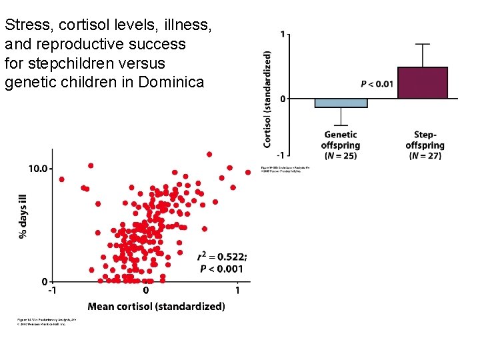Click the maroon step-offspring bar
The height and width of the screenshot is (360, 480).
tap(423, 83)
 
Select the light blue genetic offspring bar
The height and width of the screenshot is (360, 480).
tap(341, 103)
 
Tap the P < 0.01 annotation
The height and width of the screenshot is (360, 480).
tap(377, 84)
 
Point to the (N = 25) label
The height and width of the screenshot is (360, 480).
tap(341, 156)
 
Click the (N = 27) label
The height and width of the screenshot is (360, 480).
tap(425, 156)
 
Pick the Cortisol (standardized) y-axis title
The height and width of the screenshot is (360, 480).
tap(267, 99)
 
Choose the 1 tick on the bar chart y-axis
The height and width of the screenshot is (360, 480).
tap(283, 35)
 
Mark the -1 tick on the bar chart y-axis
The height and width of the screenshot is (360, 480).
tap(281, 155)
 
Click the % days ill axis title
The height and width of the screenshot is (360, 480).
tap(24, 215)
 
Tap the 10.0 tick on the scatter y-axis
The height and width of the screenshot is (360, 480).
tap(37, 169)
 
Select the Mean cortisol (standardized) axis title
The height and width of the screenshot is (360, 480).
tap(156, 307)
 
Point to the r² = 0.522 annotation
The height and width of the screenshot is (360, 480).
tap(222, 257)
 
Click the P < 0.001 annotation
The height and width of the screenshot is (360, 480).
tap(222, 269)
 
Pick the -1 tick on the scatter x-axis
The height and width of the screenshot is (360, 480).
tap(51, 291)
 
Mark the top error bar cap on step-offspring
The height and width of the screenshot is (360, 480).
tap(423, 44)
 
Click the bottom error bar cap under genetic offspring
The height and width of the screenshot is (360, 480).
tap(341, 125)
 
